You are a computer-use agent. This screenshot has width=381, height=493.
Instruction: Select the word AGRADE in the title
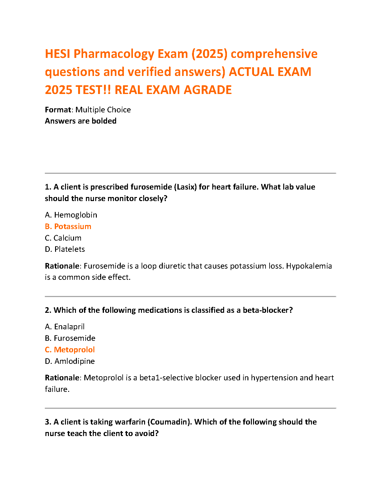(208, 90)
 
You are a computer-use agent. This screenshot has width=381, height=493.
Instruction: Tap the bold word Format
(58, 110)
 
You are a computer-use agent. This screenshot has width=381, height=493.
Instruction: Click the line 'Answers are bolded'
(81, 121)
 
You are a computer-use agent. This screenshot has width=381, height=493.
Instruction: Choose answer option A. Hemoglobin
(71, 215)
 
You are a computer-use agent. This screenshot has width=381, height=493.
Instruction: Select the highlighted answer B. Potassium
(68, 227)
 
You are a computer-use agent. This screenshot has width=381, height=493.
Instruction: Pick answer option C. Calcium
(63, 238)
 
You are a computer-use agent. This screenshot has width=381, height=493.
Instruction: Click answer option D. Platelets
(65, 249)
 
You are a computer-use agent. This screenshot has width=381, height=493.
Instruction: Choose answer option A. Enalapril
(65, 327)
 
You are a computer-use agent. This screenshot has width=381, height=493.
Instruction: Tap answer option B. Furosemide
(70, 338)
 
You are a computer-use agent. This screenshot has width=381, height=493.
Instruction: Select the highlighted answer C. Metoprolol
(70, 350)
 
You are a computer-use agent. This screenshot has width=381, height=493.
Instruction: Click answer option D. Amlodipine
(70, 361)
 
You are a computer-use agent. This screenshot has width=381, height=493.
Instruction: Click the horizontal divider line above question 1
(190, 173)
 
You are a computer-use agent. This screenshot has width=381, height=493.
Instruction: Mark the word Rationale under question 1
(62, 266)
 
